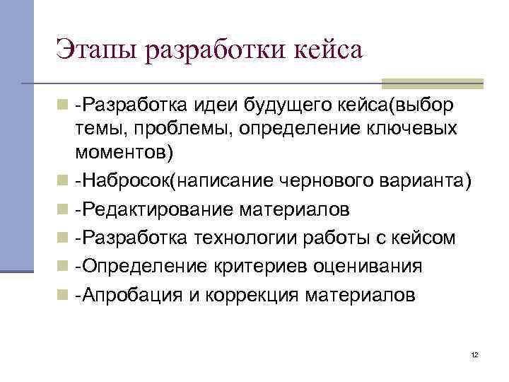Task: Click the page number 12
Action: [474, 354]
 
